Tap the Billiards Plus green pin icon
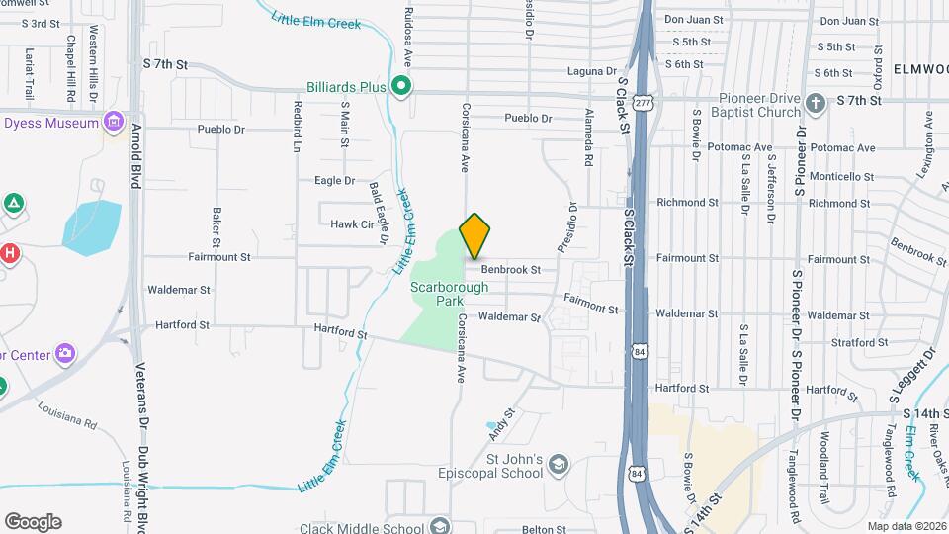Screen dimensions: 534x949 (401, 87)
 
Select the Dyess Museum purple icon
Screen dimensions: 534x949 (116, 123)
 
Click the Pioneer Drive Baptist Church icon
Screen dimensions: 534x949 (815, 102)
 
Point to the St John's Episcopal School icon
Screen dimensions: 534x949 (559, 465)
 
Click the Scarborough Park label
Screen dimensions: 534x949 (450, 294)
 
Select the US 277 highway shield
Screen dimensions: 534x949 (644, 102)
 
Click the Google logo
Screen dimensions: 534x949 (33, 521)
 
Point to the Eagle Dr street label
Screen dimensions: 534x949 (334, 180)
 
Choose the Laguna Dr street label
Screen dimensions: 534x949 (591, 71)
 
